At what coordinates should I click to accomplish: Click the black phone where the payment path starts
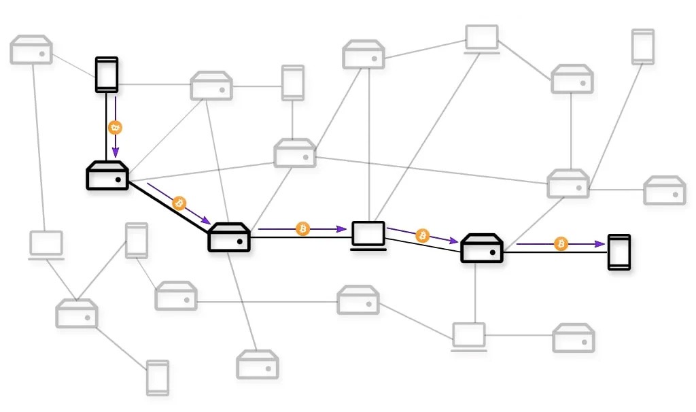pos(107,74)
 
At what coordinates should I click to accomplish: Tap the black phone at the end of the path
pos(619,252)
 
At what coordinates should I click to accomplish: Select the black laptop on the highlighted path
pos(368,235)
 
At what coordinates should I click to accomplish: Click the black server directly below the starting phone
pos(107,176)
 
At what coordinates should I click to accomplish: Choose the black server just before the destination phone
pos(482,248)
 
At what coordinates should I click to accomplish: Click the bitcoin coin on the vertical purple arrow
pos(116,127)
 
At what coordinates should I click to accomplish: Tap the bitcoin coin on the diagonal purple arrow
pos(179,203)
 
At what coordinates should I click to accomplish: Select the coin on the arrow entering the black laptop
pos(302,229)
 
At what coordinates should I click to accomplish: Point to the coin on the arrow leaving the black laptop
pos(422,235)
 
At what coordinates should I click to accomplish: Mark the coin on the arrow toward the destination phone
pos(561,243)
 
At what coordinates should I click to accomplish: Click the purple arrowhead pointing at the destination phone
pos(601,243)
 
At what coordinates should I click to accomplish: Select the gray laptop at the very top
pos(482,39)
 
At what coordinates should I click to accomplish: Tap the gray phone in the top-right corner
pos(642,46)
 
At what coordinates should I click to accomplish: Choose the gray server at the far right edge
pos(664,191)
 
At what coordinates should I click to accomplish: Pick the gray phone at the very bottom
pos(158,377)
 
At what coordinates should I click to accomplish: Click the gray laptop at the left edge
pos(46,245)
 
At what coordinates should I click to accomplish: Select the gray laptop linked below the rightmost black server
pos(469,337)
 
